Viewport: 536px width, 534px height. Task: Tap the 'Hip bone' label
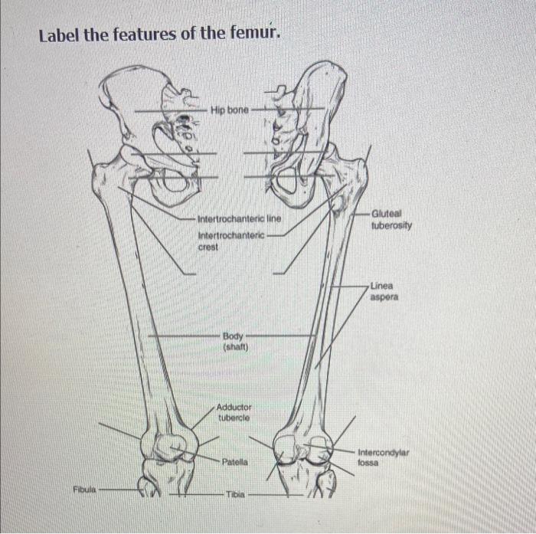(229, 110)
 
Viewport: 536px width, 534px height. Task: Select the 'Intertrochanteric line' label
(239, 219)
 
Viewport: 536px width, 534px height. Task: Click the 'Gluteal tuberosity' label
(391, 220)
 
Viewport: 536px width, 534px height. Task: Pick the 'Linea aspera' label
(384, 290)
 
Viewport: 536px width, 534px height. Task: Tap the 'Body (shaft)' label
(234, 340)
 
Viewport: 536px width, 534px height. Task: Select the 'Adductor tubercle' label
(234, 412)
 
